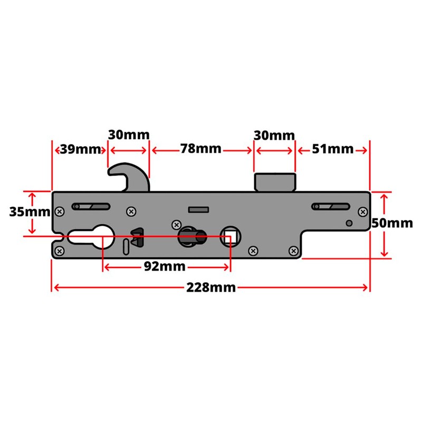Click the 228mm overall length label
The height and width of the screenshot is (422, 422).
coord(210,287)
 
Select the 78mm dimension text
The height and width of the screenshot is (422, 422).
coord(200,149)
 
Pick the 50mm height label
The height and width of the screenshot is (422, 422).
coord(392,223)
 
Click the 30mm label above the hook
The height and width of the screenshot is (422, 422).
coord(128,135)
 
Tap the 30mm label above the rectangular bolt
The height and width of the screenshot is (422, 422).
coord(274,135)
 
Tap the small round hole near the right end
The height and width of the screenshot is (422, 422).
coord(349,223)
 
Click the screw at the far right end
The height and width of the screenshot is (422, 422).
coord(362,212)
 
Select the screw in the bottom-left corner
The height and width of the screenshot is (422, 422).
coord(60,251)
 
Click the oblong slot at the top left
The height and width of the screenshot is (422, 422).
coord(91,206)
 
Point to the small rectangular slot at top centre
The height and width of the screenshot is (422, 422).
coord(197,209)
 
